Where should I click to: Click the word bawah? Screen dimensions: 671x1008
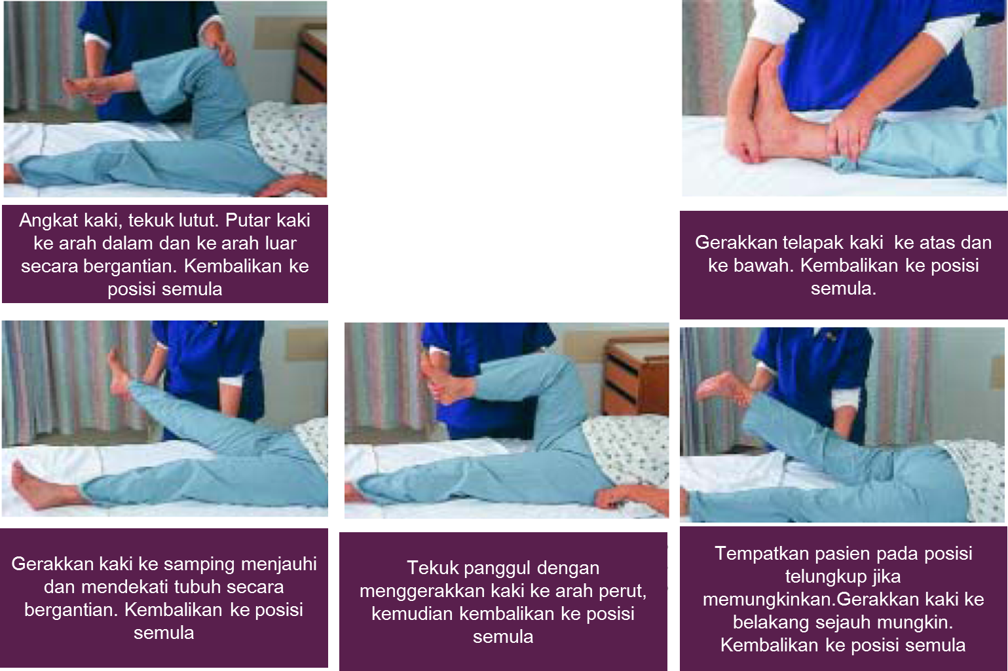[x=767, y=266]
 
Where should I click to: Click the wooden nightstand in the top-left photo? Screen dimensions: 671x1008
[x=312, y=65]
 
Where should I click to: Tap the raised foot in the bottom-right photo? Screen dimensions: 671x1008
[x=720, y=386]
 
